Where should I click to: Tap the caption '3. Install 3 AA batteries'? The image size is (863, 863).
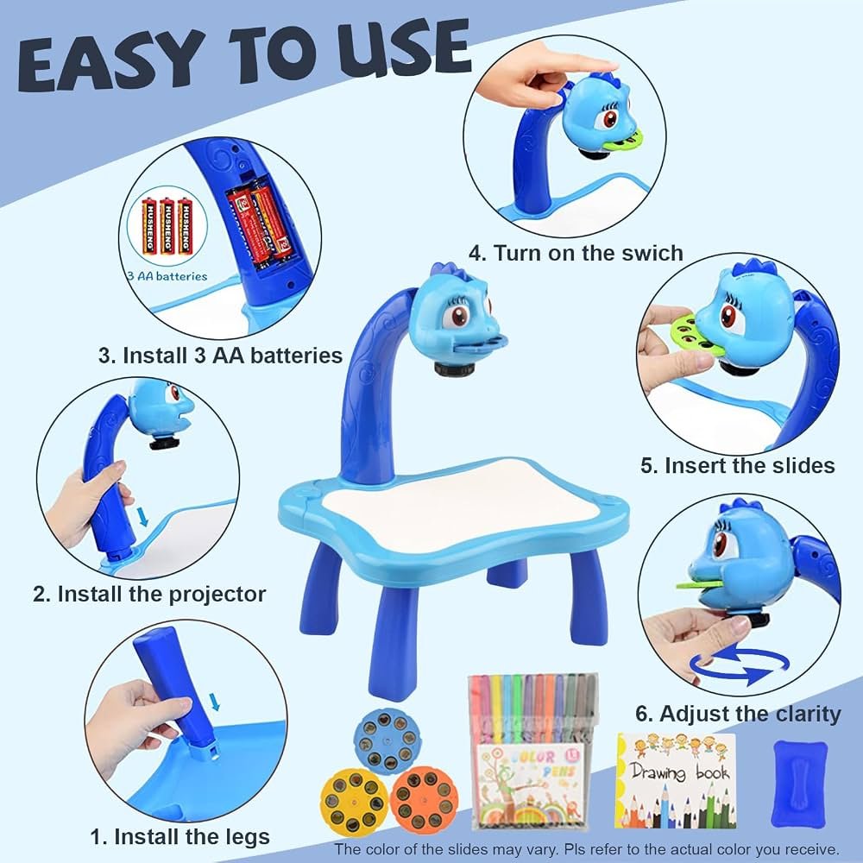[220, 356]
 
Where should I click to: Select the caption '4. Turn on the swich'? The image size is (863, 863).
[576, 253]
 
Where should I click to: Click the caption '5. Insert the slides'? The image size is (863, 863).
[738, 466]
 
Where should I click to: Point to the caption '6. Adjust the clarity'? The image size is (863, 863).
[738, 714]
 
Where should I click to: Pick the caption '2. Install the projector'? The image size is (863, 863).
[149, 595]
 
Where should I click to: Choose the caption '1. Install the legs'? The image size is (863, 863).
[180, 837]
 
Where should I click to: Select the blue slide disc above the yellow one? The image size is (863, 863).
[388, 740]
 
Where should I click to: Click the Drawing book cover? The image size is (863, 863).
[676, 780]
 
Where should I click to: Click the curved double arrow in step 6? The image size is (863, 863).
[740, 666]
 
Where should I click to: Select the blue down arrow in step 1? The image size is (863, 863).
[215, 702]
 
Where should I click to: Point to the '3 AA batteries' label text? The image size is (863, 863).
[167, 276]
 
